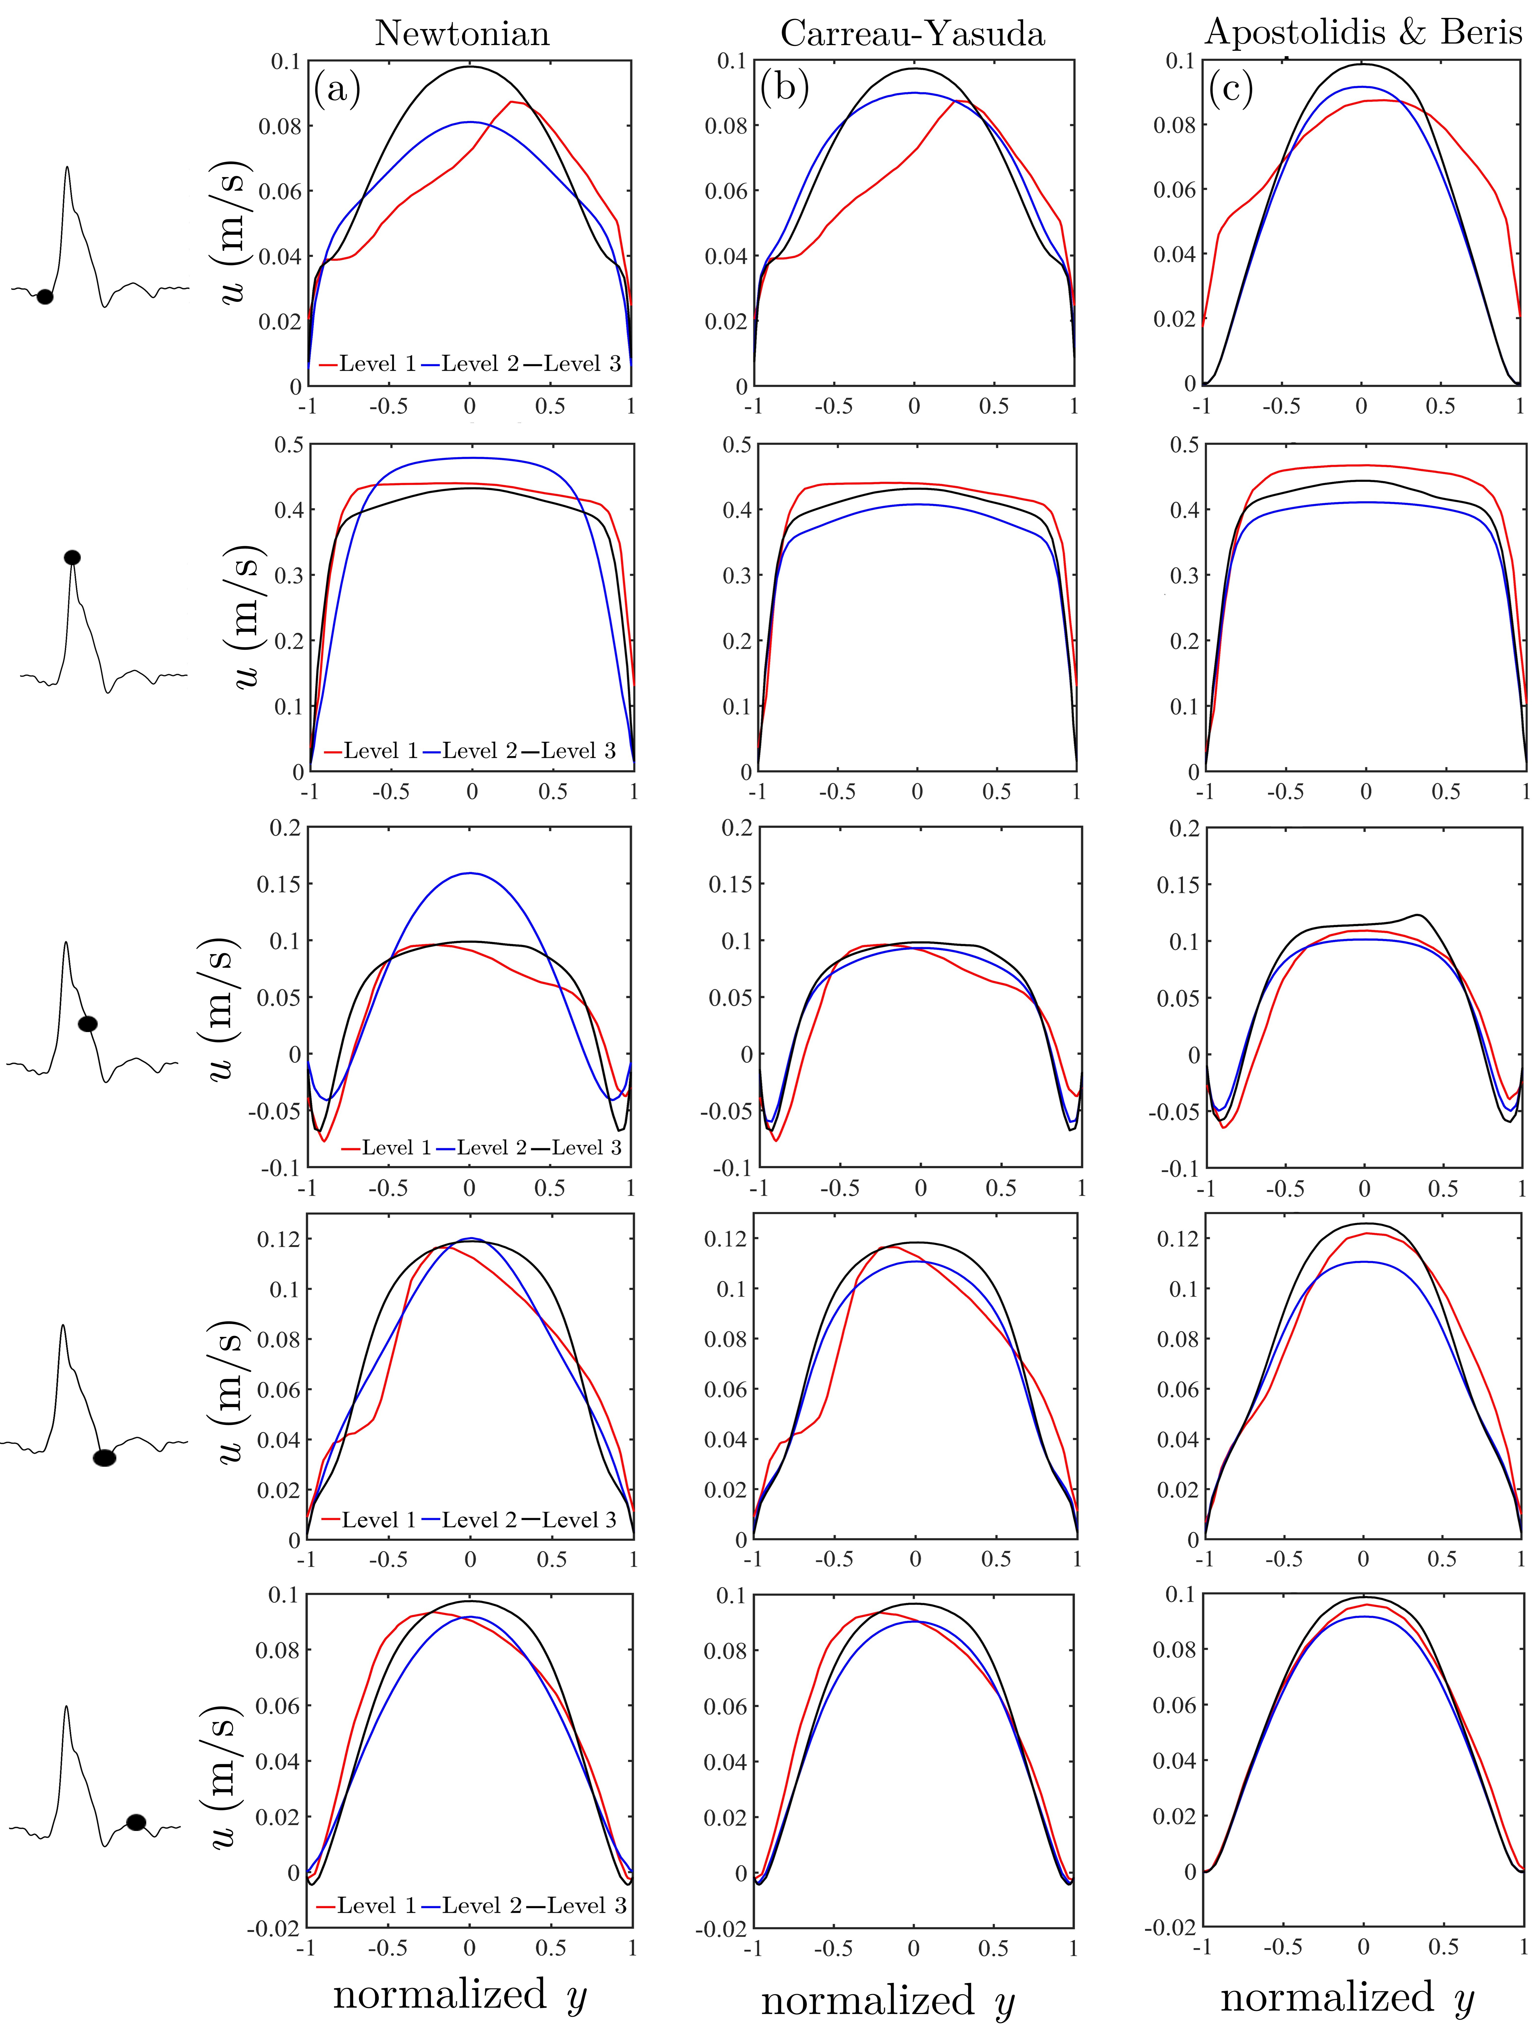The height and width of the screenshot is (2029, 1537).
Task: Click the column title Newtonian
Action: [x=462, y=34]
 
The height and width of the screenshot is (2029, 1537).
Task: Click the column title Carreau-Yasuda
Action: [x=912, y=34]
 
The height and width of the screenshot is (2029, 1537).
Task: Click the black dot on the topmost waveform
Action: [x=44, y=296]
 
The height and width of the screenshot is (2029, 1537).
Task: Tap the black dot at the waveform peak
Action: [x=72, y=557]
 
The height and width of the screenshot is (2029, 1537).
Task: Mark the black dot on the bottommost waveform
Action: [x=136, y=1822]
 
